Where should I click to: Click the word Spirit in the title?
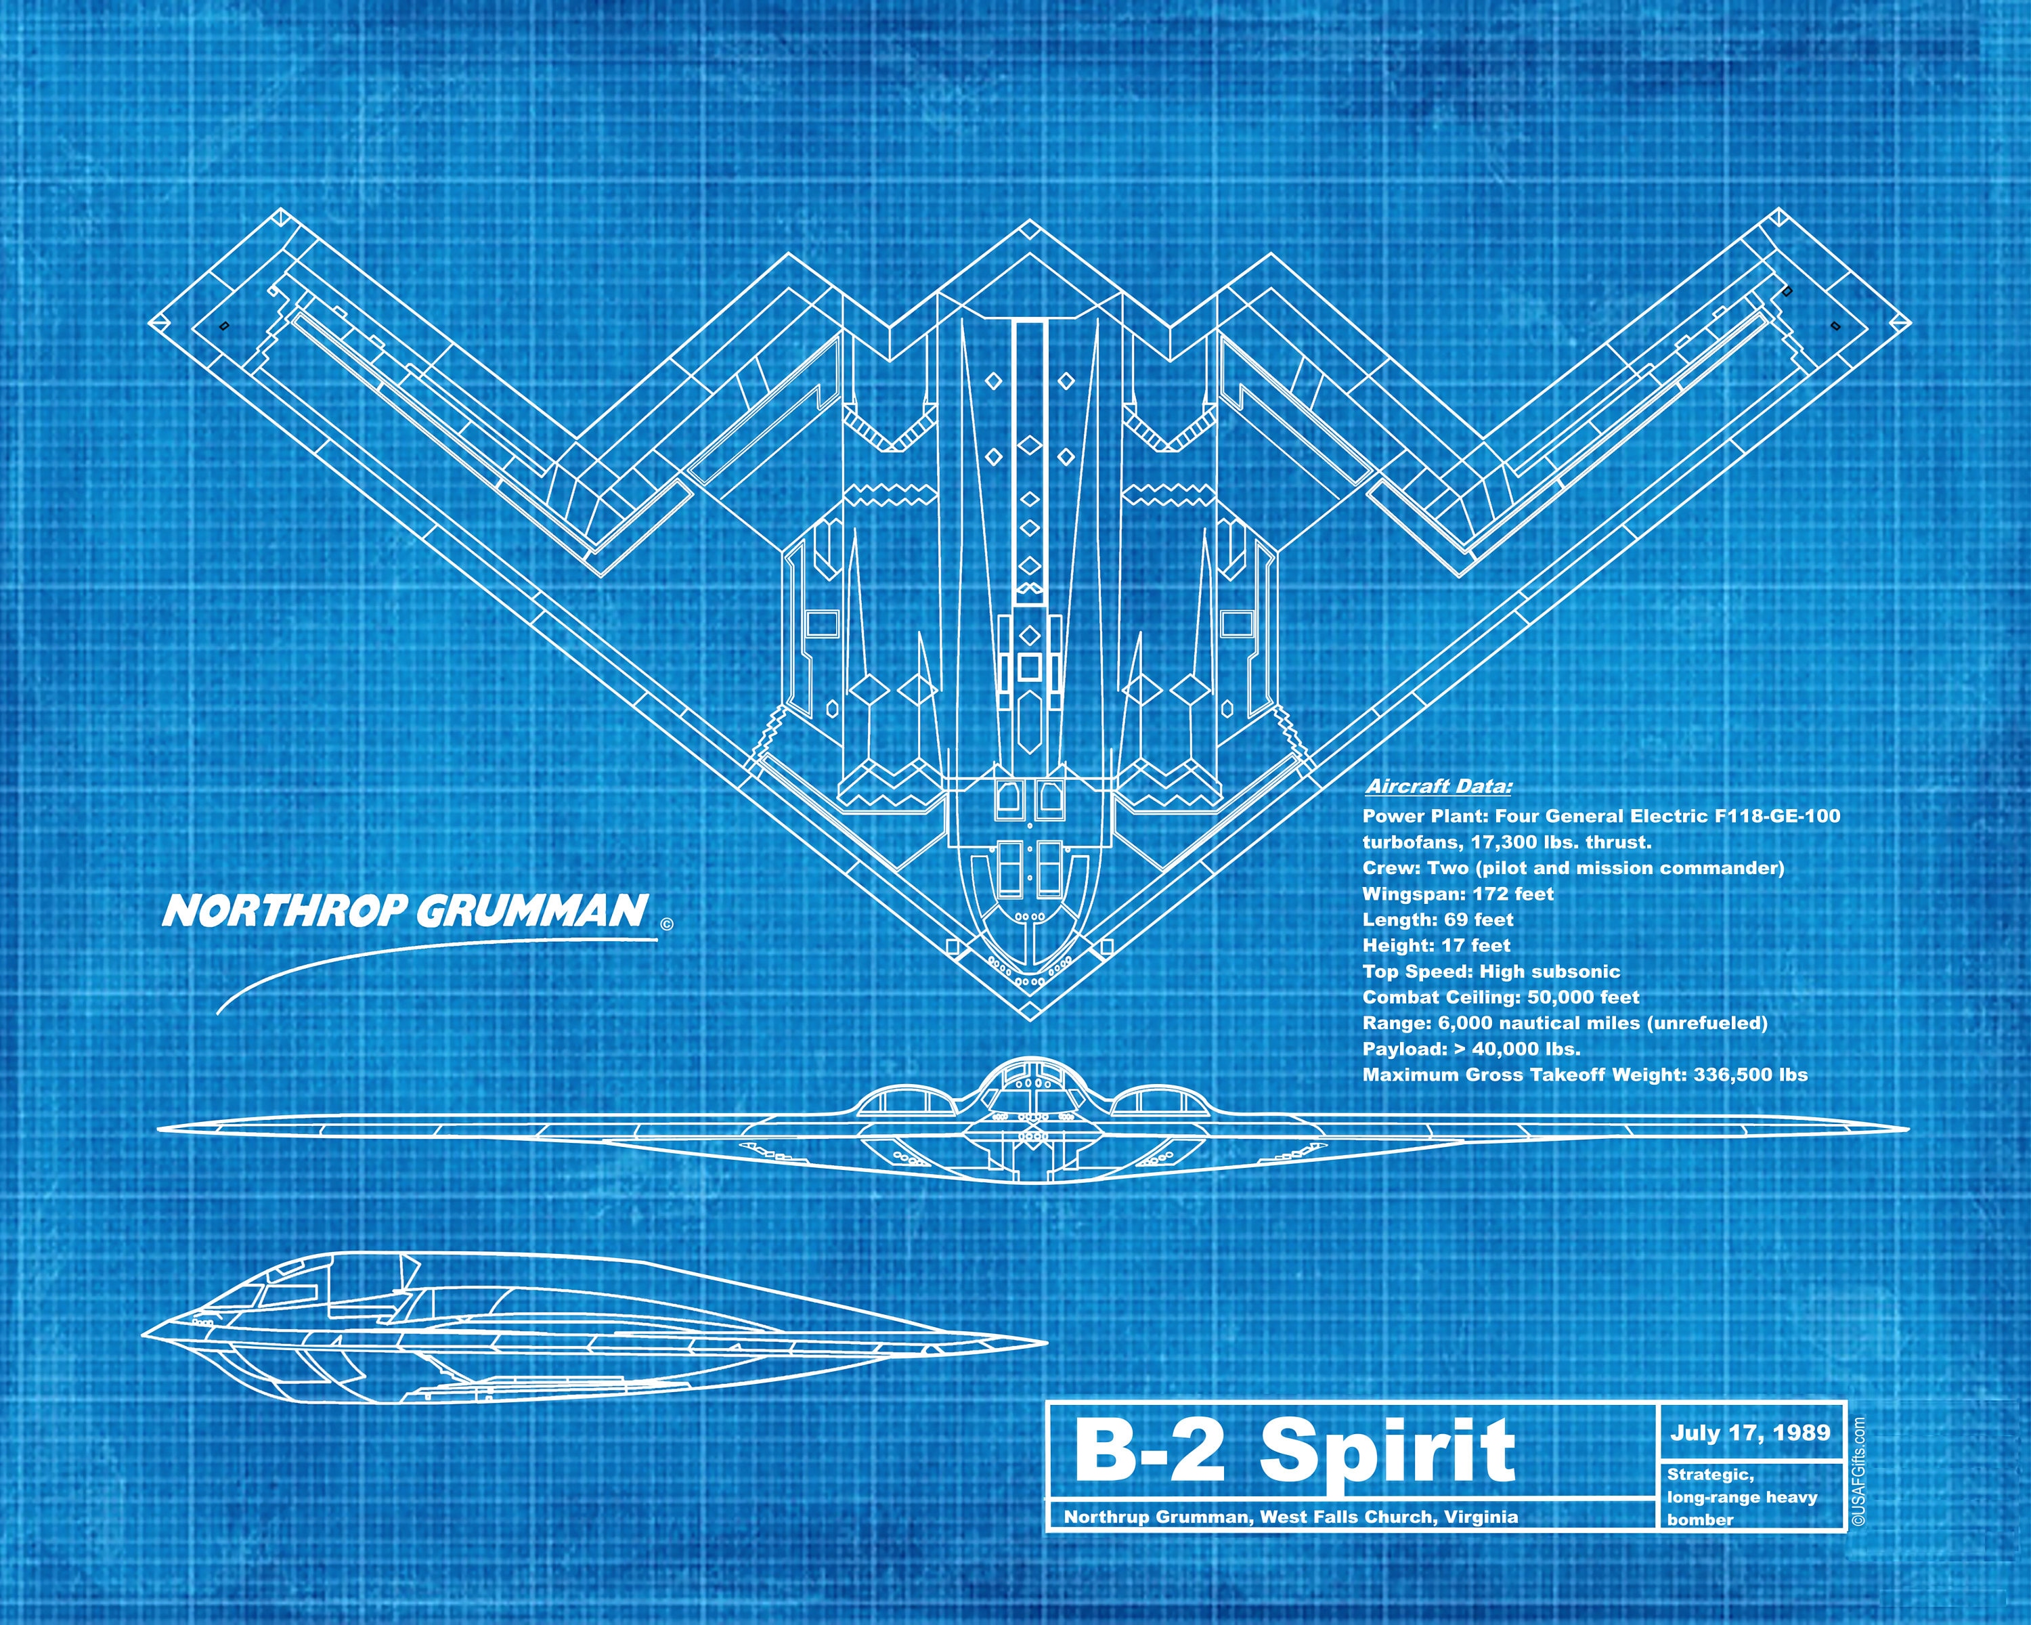[1388, 1452]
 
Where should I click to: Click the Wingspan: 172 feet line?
[1458, 894]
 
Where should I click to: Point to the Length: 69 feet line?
[1437, 919]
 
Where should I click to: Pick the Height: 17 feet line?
[1436, 945]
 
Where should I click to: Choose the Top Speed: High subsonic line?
[1491, 971]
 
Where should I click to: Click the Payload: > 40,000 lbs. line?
[1471, 1049]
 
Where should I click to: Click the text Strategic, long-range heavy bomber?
[1741, 1497]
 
